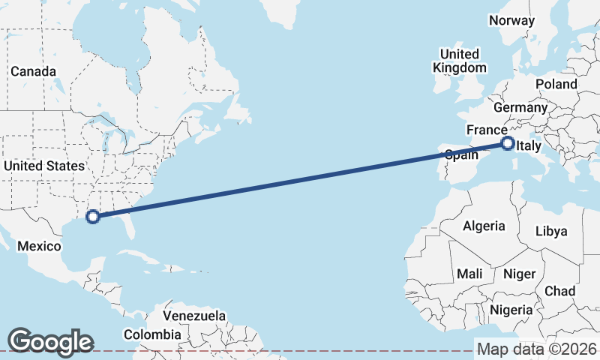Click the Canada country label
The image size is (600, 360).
coord(33,71)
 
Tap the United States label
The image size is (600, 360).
coord(44,166)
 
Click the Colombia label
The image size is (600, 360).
coord(152,334)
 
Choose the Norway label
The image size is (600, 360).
coord(511,20)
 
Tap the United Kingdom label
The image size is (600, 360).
coord(460,61)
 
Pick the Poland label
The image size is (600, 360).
coord(556,84)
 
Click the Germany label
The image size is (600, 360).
coord(520,107)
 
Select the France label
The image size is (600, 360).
coord(487,130)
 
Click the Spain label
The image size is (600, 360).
coord(461,155)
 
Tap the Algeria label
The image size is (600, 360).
coord(484,226)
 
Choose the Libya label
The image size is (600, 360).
coord(551,231)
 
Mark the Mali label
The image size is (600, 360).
coord(469,274)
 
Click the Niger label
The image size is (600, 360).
coord(519,274)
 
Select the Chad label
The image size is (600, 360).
coord(560,291)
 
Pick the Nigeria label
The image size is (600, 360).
coord(511,310)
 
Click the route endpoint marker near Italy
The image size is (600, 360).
coord(508,143)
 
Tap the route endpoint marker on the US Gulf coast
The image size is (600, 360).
coord(93,217)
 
